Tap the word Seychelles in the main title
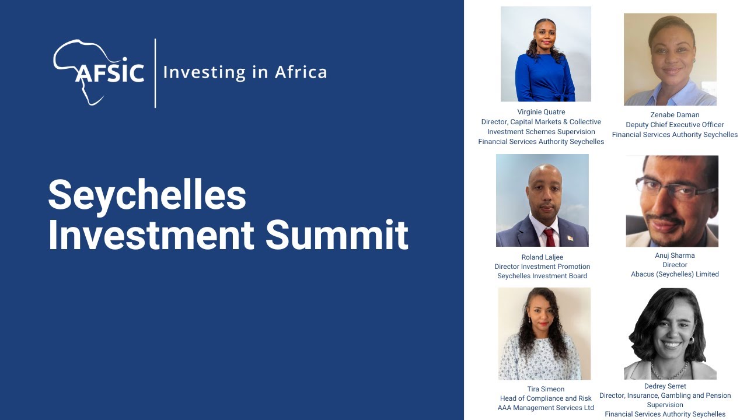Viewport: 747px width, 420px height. (x=147, y=195)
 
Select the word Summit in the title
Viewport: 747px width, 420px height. (x=337, y=235)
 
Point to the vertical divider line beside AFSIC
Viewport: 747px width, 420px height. (x=155, y=73)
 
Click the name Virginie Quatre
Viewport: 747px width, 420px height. (x=541, y=112)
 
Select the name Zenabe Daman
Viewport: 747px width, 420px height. (x=675, y=115)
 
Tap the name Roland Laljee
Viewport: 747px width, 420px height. (x=542, y=257)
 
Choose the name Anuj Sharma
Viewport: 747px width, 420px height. (x=675, y=256)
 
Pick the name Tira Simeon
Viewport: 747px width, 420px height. (x=546, y=389)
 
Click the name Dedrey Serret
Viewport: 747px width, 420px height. (x=665, y=386)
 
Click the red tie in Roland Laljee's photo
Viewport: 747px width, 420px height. (x=549, y=237)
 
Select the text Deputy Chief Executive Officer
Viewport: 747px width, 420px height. (x=675, y=125)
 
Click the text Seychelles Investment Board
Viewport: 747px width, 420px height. (x=542, y=276)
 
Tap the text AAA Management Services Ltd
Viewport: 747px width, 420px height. (x=546, y=408)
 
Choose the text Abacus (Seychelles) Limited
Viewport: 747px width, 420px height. (x=675, y=274)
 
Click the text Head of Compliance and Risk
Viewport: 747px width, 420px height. (x=546, y=398)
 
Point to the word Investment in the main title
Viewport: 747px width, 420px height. (x=151, y=235)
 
